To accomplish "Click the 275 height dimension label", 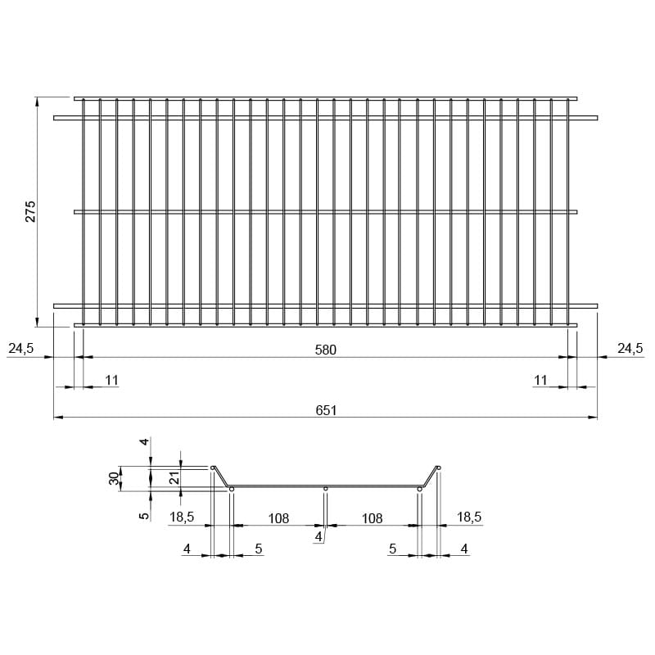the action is pos(31,211).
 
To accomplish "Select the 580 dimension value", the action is pos(325,350).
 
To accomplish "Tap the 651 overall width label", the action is pos(326,410).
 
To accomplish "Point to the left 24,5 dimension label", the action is pos(21,348).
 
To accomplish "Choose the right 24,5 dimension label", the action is pos(630,348).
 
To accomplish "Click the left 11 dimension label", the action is pos(111,380).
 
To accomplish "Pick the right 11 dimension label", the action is pos(540,380).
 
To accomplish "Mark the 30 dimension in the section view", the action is pos(114,478).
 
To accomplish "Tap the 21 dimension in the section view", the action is pos(174,477).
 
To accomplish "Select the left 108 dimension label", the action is pos(278,518).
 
